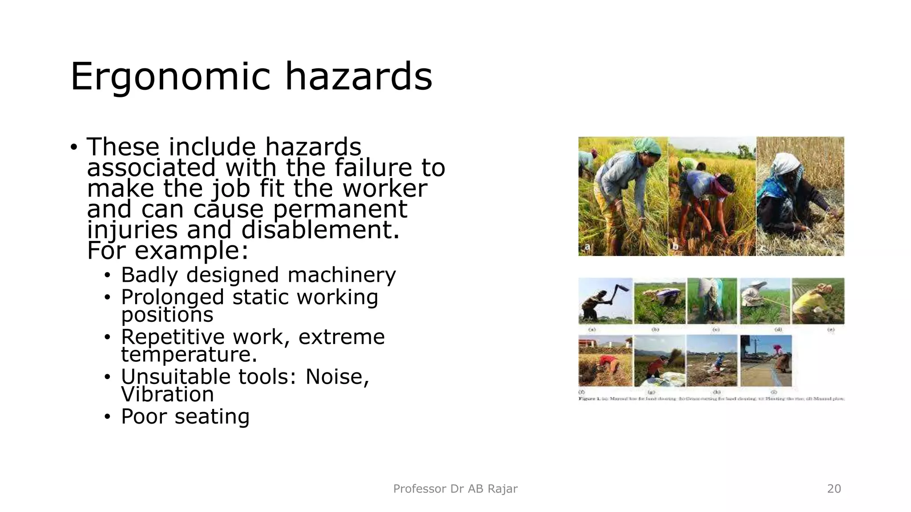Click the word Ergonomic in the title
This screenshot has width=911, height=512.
(170, 76)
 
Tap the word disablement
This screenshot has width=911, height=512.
(320, 230)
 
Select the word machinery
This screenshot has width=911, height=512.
(342, 275)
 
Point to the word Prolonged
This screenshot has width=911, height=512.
(173, 297)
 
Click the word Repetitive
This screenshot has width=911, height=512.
(173, 336)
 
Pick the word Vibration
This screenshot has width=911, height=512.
(167, 394)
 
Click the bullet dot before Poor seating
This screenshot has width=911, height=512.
(107, 417)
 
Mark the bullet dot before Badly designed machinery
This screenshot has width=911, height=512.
(107, 275)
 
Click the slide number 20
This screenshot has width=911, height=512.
(834, 489)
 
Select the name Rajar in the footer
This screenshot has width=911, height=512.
(503, 489)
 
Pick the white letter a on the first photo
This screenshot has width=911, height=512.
(588, 247)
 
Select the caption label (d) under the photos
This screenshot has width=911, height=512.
(778, 330)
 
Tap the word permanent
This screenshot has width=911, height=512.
(340, 209)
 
